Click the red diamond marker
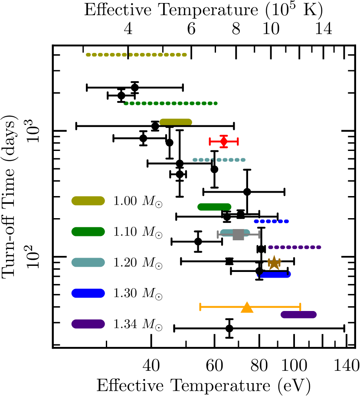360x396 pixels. pos(224,141)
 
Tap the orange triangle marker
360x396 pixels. pos(247,308)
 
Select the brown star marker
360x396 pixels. pos(274,263)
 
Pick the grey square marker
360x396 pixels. pos(238,235)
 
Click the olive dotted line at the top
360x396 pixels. pos(136,55)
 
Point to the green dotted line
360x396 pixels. pos(171,104)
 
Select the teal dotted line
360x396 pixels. pos(219,160)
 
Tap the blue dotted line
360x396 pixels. pos(271,222)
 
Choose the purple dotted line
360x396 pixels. pos(295,247)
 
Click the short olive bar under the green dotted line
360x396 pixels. pos(176,122)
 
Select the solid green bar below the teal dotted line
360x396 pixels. pos(214,207)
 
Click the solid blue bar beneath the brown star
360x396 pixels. pos(275,275)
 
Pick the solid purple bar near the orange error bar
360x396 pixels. pos(298,315)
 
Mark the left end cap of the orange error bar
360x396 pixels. pos(200,307)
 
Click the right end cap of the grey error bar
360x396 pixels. pos(259,235)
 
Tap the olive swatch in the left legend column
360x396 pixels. pos(88,201)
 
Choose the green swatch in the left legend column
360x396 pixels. pos(88,232)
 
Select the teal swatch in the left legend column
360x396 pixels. pos(88,262)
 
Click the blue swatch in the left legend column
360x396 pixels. pos(88,293)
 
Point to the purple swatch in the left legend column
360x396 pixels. pos(88,324)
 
